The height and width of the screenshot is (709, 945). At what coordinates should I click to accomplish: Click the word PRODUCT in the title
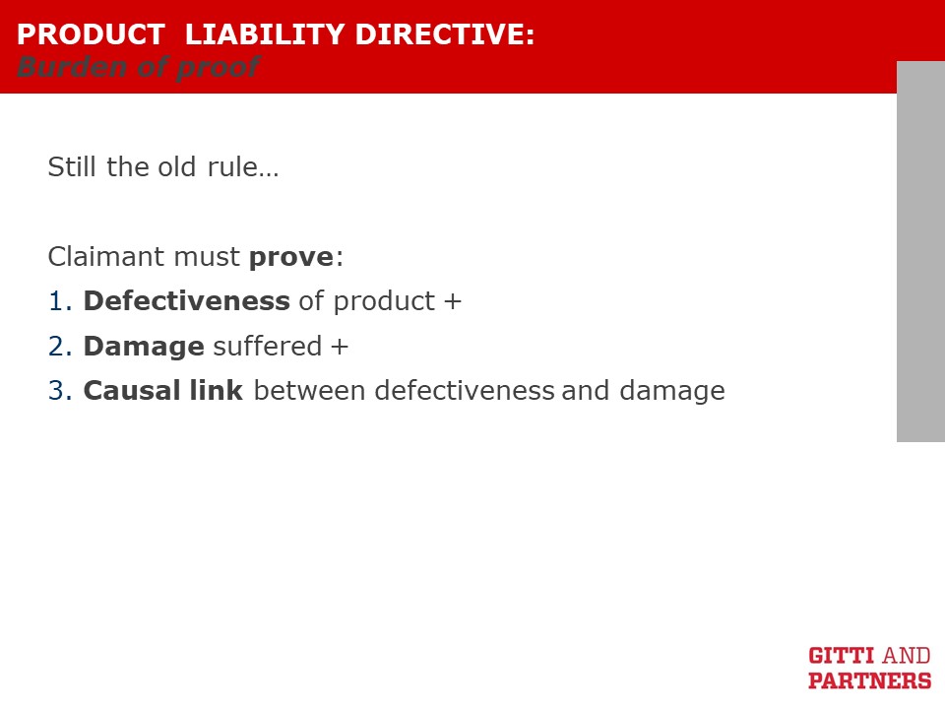pos(91,34)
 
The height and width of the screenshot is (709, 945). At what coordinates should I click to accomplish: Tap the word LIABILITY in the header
pos(265,34)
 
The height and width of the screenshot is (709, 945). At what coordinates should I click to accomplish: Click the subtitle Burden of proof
pos(139,67)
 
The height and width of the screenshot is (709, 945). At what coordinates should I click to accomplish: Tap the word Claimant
pos(106,257)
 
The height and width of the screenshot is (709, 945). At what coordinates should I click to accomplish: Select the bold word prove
pos(291,258)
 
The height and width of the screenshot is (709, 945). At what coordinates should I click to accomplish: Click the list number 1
pos(60,301)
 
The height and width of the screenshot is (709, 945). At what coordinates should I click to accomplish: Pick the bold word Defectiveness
pos(187,301)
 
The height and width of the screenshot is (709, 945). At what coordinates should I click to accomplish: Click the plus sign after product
pos(453,301)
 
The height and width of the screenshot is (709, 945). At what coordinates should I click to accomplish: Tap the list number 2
pos(60,347)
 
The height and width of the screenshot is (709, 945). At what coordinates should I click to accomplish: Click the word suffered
pos(268,346)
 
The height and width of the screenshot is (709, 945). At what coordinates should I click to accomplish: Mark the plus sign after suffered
pos(340,347)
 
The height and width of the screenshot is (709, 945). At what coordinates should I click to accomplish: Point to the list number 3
pos(60,391)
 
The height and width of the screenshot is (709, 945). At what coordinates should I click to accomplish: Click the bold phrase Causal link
pos(163,390)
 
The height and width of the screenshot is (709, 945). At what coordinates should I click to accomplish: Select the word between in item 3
pos(310,390)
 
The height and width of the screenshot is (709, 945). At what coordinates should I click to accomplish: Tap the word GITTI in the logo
pos(842,656)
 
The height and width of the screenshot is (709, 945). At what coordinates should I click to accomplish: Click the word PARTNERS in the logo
pos(869,680)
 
